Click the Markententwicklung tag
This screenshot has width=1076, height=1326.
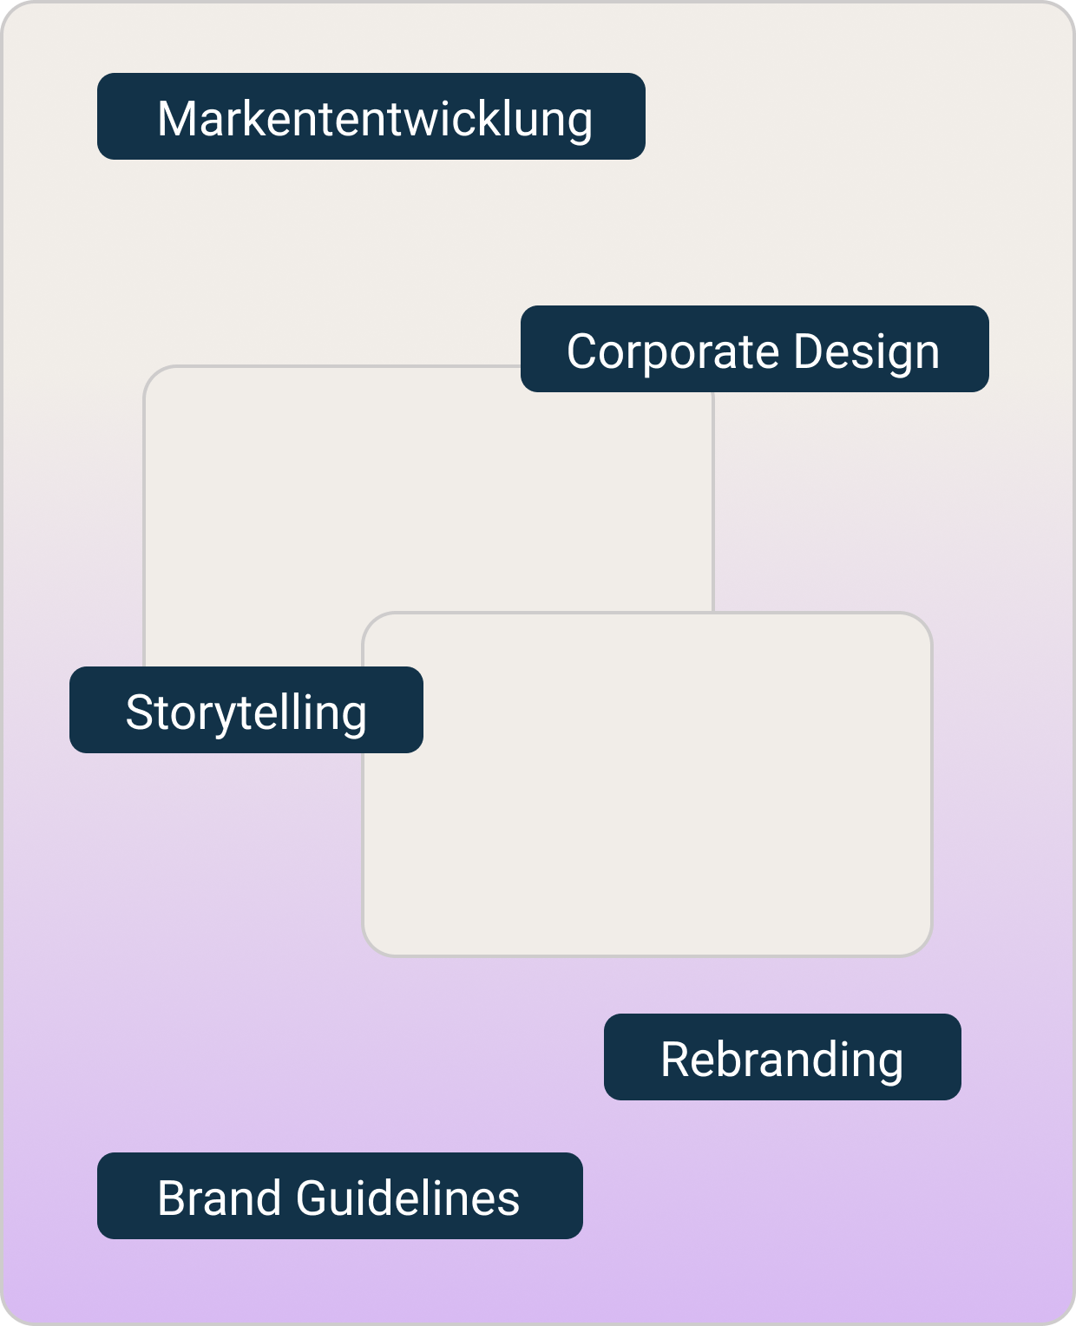371,116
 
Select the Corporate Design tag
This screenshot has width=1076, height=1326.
754,349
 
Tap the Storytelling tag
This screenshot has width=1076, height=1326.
246,710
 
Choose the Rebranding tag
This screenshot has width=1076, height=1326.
782,1057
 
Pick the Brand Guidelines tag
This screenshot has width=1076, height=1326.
339,1196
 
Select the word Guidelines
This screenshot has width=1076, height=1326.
408,1198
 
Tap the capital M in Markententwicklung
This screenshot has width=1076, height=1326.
177,119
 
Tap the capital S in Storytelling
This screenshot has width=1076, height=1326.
140,712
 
